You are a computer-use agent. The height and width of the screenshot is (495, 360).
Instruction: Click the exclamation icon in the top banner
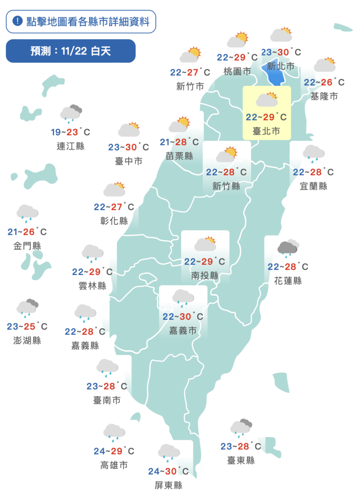pos(17,21)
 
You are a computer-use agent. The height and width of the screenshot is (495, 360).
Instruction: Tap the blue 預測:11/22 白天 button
pos(71,51)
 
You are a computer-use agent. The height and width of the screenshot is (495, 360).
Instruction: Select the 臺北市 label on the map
pos(266,131)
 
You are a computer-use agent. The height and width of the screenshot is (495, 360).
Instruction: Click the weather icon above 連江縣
pos(71,113)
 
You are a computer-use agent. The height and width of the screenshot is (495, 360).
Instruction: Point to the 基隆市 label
pos(324,96)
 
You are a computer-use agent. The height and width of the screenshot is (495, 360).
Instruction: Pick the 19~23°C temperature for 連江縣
pos(71,132)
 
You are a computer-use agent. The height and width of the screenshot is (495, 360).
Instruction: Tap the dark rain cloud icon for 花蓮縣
pos(288,247)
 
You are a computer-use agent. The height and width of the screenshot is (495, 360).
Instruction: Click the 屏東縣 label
pos(168,485)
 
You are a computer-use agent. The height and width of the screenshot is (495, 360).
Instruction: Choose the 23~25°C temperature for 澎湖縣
pos(27,327)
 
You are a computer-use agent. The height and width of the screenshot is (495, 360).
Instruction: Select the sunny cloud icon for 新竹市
pos(190,55)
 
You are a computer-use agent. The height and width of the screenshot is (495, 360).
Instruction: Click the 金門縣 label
pos(27,246)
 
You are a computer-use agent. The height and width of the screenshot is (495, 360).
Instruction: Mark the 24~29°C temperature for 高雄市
pos(114,451)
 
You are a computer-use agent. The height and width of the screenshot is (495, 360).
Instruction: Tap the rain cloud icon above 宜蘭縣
pos(313,153)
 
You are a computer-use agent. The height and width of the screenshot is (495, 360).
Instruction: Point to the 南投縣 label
pos(205,276)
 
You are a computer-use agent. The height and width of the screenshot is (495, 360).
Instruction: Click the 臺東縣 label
pos(241,460)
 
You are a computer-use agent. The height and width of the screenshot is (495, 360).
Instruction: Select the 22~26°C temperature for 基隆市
pos(324,82)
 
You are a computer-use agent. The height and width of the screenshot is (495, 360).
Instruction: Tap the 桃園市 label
pos(237,71)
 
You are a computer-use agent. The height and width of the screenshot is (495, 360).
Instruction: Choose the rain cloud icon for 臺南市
pos(107,367)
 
